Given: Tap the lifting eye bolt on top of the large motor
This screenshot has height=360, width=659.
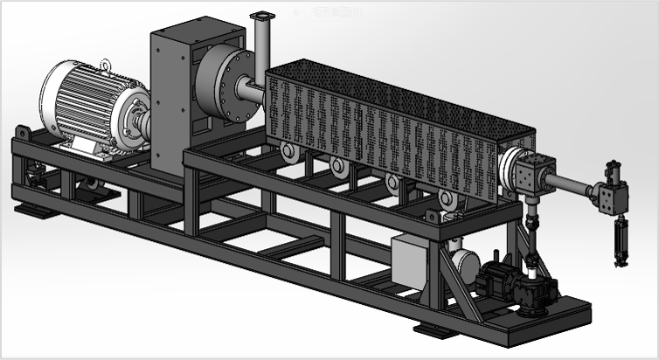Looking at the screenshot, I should [105, 64].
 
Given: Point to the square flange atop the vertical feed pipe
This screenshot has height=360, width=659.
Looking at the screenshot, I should [261, 17].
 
